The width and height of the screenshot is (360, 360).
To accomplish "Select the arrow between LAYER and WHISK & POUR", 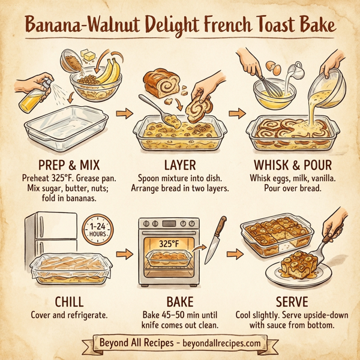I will click(x=238, y=113).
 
